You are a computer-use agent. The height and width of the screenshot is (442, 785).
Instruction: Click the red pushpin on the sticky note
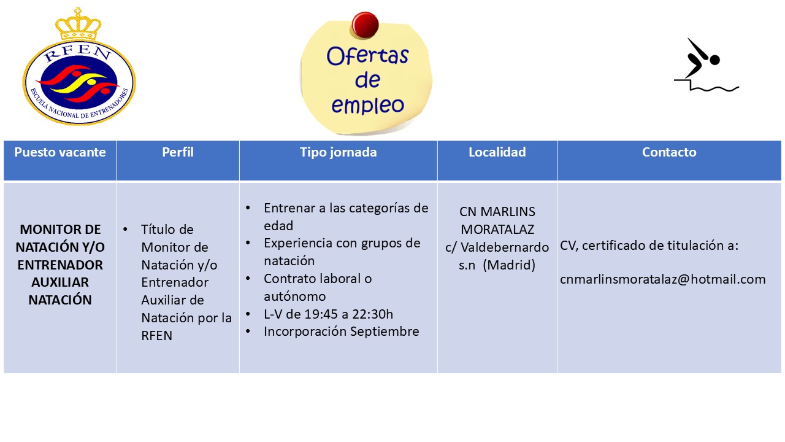[x=365, y=25]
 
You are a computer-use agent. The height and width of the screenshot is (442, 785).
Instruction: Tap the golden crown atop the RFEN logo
[x=78, y=25]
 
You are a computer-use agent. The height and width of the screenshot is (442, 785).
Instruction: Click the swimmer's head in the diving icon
[x=714, y=60]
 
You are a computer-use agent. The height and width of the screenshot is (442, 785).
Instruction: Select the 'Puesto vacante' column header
[x=60, y=152]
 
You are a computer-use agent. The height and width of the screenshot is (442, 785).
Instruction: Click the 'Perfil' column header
[x=178, y=152]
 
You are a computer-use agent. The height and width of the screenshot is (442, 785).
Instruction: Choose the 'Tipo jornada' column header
[x=338, y=152]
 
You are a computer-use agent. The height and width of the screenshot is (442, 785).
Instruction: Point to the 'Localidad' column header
[x=497, y=152]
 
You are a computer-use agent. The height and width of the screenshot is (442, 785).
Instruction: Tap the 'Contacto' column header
[x=669, y=152]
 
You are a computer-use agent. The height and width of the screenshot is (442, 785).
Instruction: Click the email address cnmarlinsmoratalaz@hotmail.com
[x=663, y=279]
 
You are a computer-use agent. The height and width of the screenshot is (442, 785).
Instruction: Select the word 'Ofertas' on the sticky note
[x=367, y=56]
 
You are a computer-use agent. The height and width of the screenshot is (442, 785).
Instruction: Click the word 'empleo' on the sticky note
[x=367, y=105]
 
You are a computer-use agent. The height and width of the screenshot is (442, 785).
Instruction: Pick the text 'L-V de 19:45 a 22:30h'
[x=328, y=314]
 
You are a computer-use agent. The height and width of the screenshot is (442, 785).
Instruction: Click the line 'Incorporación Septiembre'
[x=342, y=331]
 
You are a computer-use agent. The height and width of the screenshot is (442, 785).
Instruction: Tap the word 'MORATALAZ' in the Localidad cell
[x=497, y=230]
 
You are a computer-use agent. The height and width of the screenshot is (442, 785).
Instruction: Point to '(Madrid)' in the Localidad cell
[x=509, y=265]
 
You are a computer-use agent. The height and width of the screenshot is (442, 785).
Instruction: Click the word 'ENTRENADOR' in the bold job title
[x=60, y=265]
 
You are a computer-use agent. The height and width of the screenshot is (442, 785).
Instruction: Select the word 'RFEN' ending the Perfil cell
[x=156, y=336]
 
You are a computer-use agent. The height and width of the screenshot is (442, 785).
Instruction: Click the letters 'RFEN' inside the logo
[x=78, y=53]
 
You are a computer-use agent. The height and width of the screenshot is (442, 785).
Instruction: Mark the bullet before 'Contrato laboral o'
[x=248, y=279]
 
